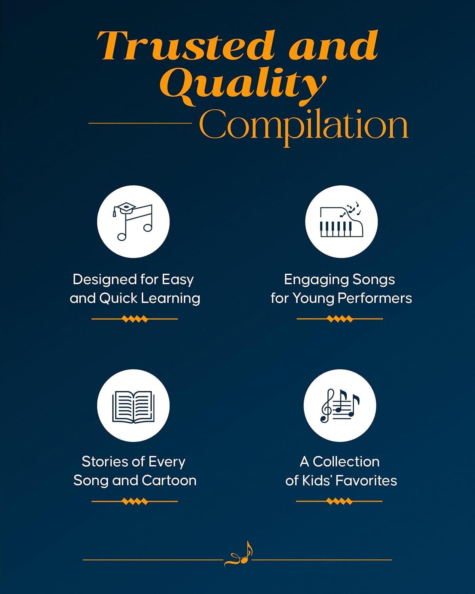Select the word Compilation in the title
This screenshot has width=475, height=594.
click(x=303, y=125)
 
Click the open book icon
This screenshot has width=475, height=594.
click(x=133, y=406)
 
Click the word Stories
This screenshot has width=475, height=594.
click(x=104, y=462)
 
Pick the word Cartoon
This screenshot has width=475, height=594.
click(x=169, y=480)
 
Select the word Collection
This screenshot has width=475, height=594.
click(x=346, y=462)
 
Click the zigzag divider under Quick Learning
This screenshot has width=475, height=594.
click(x=135, y=319)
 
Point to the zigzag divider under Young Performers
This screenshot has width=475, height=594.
click(x=340, y=319)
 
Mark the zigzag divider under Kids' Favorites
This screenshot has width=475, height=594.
click(x=339, y=501)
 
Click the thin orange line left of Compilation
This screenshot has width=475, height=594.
click(x=140, y=123)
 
